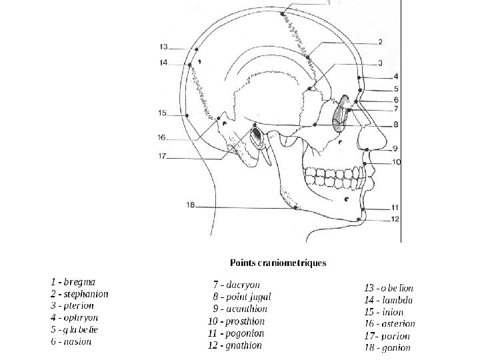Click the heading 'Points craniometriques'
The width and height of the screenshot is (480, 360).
(278, 263)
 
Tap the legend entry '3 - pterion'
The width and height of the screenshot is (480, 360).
(72, 305)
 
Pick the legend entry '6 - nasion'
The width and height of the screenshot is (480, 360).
(71, 341)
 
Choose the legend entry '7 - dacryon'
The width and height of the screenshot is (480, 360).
(236, 285)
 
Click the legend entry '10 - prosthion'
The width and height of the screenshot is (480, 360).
(238, 321)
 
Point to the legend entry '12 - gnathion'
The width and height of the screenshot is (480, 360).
(235, 345)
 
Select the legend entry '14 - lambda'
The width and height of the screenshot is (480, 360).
(389, 300)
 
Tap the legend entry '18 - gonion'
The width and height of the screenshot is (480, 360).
(387, 347)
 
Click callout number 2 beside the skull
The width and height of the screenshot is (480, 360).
(379, 42)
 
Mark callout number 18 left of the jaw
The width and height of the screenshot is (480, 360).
(191, 205)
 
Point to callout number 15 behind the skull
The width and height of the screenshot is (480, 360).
(162, 113)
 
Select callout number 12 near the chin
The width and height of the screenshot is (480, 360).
(395, 219)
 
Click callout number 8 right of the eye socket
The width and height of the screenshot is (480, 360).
(395, 124)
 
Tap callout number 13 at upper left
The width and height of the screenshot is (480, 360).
(164, 47)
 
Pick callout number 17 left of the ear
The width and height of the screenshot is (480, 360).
(162, 157)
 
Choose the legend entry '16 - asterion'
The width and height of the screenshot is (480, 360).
(390, 324)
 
